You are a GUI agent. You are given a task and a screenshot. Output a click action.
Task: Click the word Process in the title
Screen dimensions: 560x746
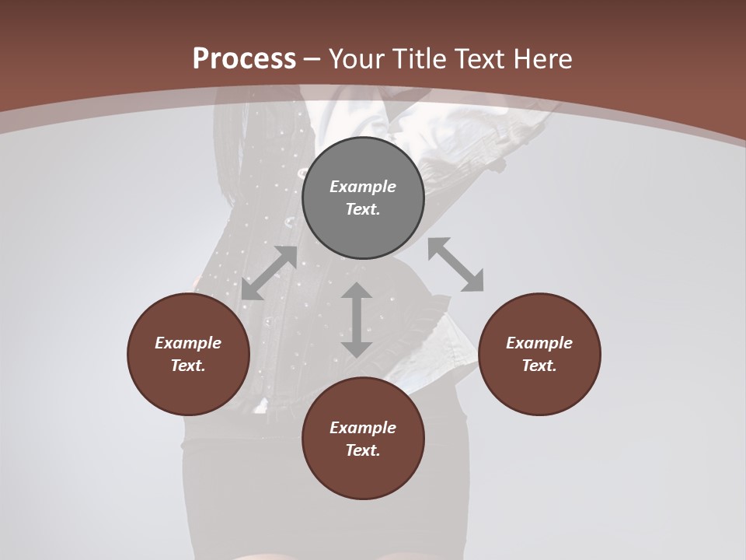244,59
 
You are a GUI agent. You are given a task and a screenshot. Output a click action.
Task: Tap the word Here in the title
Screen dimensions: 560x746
542,59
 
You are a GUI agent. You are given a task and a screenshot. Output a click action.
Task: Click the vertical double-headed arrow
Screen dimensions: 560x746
357,320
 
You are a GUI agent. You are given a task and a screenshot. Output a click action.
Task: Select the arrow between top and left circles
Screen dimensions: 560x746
269,273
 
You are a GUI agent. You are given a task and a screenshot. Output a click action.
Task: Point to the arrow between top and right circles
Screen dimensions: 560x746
455,265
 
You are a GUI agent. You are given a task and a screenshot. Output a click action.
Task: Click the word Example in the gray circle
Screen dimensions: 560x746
363,187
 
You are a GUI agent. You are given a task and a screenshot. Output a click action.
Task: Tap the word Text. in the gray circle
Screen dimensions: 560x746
363,209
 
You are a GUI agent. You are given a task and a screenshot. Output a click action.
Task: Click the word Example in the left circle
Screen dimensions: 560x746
188,343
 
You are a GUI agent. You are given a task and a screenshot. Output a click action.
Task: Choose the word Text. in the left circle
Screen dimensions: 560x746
188,366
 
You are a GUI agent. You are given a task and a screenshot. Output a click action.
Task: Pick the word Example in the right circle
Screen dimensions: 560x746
539,343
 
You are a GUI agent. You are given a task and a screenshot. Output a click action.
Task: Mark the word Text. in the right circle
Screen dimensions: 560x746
539,366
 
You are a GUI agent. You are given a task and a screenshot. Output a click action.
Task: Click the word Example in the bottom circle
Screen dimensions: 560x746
363,428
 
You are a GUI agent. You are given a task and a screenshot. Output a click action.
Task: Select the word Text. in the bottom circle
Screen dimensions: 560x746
363,450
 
